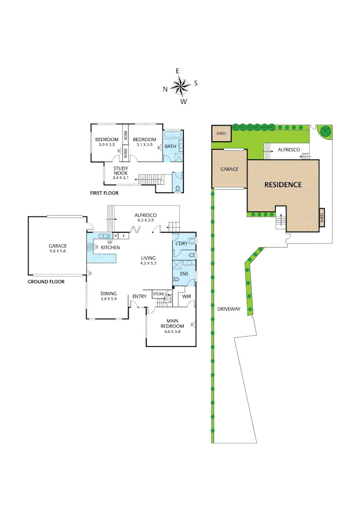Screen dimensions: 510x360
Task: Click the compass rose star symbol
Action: (x=180, y=86)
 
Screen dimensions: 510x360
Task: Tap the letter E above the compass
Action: (x=178, y=71)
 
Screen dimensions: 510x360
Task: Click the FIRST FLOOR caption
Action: (x=104, y=193)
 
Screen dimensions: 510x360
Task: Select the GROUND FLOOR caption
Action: (x=46, y=281)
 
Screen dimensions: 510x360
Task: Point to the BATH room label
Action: (x=170, y=146)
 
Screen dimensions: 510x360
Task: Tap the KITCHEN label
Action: (x=110, y=247)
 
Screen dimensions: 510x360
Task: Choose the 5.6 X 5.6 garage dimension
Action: (x=58, y=251)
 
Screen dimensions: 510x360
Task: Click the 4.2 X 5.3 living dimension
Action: (x=148, y=263)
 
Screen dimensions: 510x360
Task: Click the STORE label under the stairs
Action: (x=159, y=294)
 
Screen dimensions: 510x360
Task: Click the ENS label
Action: (x=184, y=273)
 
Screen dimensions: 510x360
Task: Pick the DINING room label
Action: (x=109, y=293)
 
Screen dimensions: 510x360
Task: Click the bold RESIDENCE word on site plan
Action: (x=283, y=185)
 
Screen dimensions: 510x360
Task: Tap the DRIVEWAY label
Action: (x=229, y=309)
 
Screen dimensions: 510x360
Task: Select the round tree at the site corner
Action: (x=324, y=131)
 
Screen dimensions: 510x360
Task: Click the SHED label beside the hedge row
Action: (x=221, y=134)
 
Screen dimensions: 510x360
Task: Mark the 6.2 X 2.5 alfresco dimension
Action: (x=146, y=220)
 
